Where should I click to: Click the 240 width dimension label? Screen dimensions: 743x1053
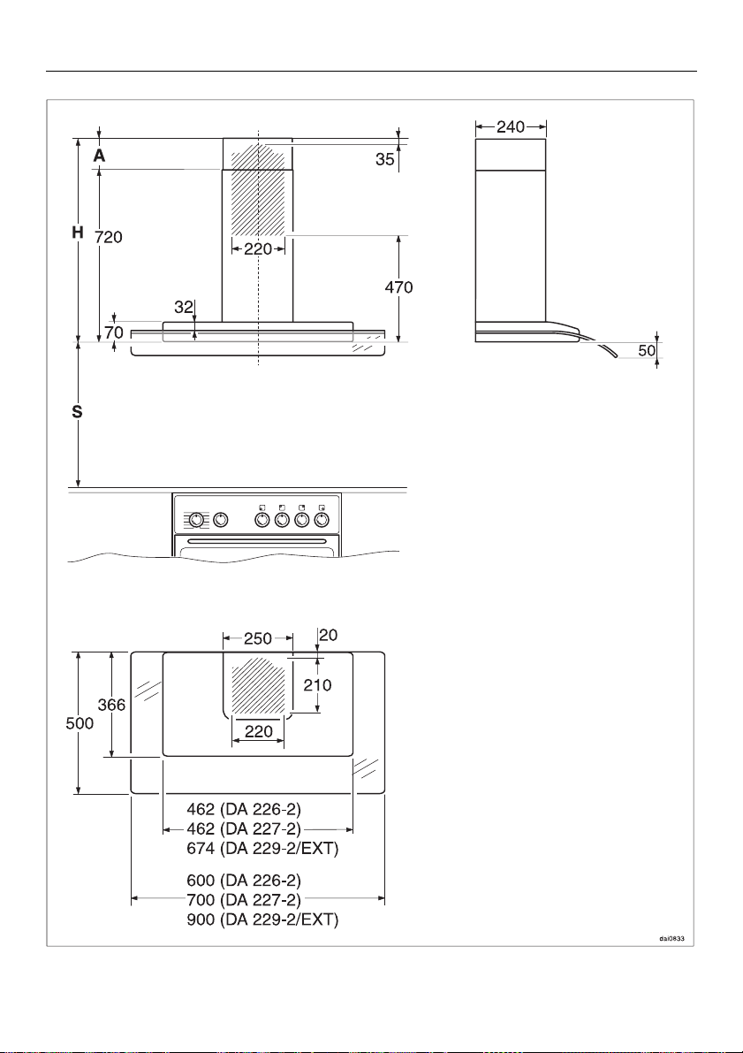click(511, 127)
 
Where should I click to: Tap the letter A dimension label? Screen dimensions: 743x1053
click(99, 156)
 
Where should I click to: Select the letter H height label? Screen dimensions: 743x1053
click(78, 233)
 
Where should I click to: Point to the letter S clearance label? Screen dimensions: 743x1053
click(78, 412)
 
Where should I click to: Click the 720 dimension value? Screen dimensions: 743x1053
click(108, 237)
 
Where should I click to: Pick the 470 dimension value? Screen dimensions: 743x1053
click(398, 288)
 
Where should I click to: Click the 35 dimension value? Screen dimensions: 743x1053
click(384, 161)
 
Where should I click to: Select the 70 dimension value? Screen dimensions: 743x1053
click(114, 332)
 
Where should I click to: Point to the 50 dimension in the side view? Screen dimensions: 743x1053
click(647, 350)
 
